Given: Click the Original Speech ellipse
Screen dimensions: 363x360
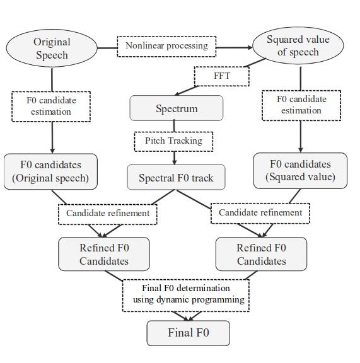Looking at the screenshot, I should (52, 49).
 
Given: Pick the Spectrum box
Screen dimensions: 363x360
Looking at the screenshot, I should (177, 108).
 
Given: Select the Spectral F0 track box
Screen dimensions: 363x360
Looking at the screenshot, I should (176, 178).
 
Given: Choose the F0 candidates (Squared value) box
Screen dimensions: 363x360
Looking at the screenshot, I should (301, 170).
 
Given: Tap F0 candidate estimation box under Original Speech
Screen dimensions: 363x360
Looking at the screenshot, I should (51, 105).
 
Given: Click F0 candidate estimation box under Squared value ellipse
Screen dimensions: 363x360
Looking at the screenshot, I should (301, 105).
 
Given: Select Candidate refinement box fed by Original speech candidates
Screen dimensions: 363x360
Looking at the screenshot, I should (108, 213).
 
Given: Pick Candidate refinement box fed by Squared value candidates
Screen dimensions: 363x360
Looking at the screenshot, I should (260, 213).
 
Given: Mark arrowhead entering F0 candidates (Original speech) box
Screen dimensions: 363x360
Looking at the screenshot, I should (52, 150).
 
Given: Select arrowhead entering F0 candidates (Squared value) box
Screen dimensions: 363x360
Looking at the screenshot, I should (301, 150).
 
